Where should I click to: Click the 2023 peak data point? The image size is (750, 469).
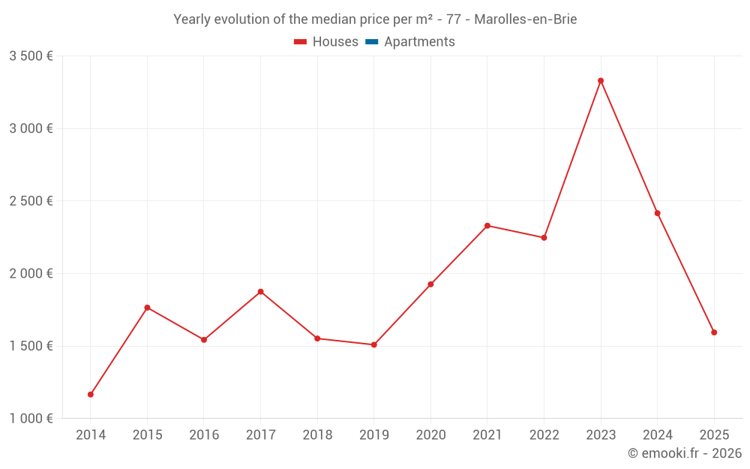tap(601, 80)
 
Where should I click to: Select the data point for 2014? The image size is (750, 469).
tap(91, 394)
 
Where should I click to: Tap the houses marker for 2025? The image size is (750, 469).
tap(714, 332)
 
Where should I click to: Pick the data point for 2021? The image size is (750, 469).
tap(487, 225)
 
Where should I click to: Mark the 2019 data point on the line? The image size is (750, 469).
tap(374, 344)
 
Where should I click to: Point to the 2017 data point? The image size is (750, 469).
tap(261, 291)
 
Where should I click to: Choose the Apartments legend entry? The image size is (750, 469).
tap(419, 42)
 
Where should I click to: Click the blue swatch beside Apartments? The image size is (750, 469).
tap(372, 42)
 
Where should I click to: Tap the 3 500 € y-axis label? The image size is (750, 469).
tap(31, 56)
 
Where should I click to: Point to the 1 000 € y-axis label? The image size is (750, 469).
tap(31, 419)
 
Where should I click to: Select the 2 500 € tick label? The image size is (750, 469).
tap(31, 201)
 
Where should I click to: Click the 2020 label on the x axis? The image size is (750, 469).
tap(430, 435)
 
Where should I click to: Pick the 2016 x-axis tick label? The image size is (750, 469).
tap(204, 435)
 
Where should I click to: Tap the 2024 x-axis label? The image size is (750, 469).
tap(657, 435)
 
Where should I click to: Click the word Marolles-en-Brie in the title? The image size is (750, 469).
tap(525, 20)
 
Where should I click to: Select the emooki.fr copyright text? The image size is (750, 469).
tap(684, 453)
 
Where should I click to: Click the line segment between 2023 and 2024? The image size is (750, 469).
tap(629, 147)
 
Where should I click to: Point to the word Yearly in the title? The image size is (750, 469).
tap(192, 20)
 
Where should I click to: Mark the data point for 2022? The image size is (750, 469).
tap(544, 237)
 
